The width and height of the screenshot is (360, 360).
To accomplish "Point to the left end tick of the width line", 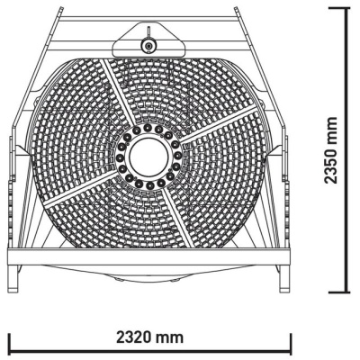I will pos(9,343).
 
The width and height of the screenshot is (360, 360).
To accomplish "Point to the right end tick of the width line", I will pos(290,343).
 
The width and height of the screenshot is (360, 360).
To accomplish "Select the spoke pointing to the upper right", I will pos(211,128).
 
